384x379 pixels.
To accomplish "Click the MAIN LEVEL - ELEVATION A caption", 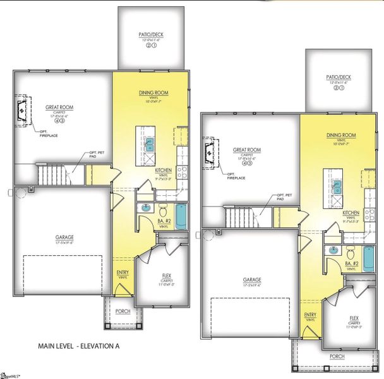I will pos(78,346).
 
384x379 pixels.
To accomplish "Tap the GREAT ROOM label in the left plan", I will pos(57,107).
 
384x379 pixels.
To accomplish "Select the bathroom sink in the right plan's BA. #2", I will pos(332,251).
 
